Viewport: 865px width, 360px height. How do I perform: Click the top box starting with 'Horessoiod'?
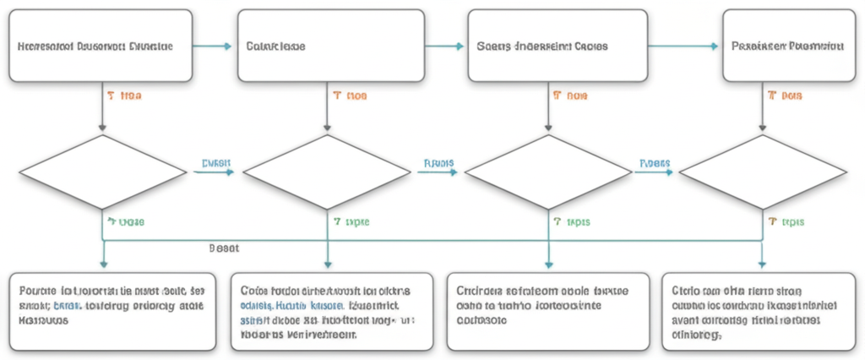(x=101, y=46)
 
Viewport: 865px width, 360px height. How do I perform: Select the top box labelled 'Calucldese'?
(x=330, y=46)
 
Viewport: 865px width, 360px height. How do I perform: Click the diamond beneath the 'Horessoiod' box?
(x=102, y=172)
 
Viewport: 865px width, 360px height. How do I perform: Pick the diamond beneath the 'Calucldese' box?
(x=327, y=172)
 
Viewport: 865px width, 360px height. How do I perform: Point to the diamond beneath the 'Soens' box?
(x=549, y=172)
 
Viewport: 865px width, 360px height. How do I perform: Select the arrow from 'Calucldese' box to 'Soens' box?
(x=444, y=46)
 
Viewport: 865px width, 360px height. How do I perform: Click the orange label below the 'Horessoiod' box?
(x=125, y=96)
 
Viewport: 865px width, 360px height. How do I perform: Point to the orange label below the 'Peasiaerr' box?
(x=785, y=96)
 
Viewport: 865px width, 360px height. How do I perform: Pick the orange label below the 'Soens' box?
(x=570, y=96)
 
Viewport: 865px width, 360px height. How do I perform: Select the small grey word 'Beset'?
(x=224, y=248)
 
